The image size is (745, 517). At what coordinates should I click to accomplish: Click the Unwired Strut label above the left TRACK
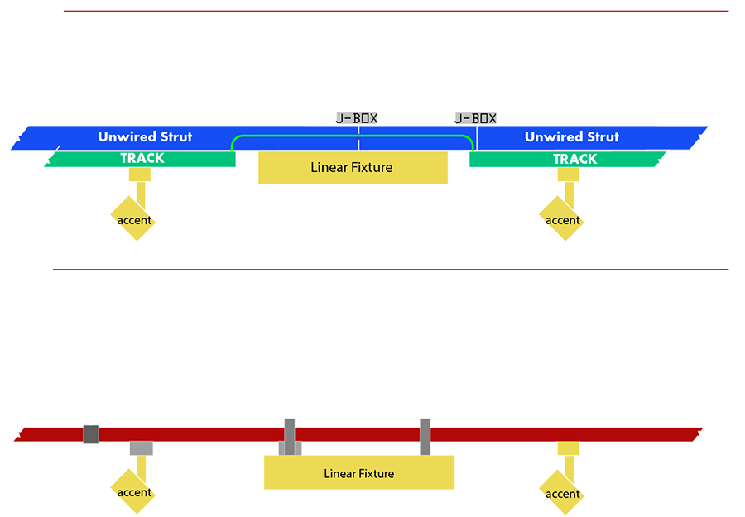point(145,136)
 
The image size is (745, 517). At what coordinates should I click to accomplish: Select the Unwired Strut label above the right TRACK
point(571,136)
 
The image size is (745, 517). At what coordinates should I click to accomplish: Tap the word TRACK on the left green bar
point(142,158)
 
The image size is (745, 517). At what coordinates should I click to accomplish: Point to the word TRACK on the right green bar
point(575,159)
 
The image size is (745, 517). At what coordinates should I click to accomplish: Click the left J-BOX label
point(357,118)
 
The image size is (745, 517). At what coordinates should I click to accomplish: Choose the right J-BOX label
point(476,118)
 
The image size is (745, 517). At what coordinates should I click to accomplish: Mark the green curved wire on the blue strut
point(352,136)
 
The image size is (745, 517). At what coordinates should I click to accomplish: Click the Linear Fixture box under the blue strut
point(353,168)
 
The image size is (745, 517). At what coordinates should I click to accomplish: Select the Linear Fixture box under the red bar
point(359,472)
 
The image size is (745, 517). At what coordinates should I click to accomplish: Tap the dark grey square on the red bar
point(91,434)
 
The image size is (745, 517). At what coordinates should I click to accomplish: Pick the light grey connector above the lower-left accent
point(142,448)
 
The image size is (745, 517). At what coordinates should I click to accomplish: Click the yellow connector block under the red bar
point(568,448)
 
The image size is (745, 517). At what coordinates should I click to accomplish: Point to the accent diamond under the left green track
point(133,219)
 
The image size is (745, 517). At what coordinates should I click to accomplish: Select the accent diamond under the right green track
point(561,219)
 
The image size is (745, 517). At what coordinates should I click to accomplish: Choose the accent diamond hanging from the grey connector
point(133,492)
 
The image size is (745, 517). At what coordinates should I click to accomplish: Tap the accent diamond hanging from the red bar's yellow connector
point(561,493)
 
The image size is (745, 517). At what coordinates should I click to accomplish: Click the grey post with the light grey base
point(290,438)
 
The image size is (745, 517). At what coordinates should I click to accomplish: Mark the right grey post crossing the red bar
point(425,437)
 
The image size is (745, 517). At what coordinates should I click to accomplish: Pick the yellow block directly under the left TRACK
point(140,175)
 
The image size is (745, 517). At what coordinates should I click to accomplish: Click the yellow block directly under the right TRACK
point(568,175)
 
